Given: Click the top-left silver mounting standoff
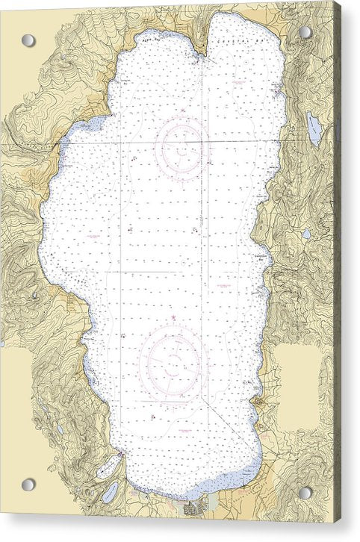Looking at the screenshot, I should [x=28, y=40].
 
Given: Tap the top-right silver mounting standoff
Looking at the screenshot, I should [x=305, y=33].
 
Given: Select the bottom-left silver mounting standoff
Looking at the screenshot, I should [x=28, y=485].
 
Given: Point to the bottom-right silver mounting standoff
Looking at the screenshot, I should [x=305, y=493].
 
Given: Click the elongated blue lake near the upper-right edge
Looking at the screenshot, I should [x=314, y=129].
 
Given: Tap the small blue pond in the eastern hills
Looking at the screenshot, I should [x=306, y=234].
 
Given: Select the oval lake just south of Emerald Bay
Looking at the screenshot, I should [x=110, y=492].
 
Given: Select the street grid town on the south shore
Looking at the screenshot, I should [x=196, y=508].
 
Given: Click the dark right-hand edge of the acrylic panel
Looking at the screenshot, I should [x=337, y=269].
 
